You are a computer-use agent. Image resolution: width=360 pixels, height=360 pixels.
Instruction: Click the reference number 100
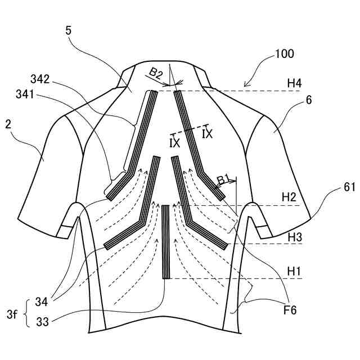284,55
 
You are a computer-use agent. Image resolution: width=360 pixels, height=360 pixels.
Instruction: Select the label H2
289,197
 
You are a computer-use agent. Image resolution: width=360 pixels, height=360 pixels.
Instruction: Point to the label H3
295,237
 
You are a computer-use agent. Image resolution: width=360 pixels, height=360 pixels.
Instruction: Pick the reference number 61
349,188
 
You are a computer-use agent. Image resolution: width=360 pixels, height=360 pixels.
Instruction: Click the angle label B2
156,73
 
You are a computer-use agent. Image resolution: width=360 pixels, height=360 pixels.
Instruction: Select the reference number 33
42,322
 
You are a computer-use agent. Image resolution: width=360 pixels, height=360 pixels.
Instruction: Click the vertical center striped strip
166,242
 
